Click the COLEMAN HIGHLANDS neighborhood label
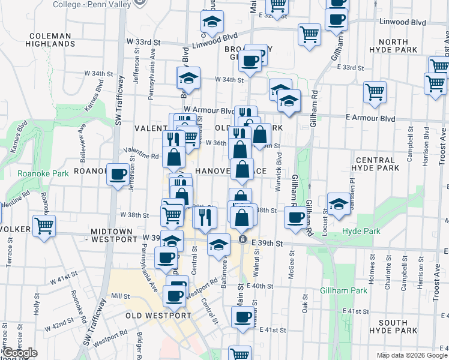tap(50, 40)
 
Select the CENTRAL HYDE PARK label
tap(377, 164)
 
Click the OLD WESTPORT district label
tap(158, 316)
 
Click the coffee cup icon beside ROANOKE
tap(118, 174)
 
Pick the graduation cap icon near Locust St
tap(339, 203)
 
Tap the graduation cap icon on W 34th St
tap(188, 78)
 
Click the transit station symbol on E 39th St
tap(242, 239)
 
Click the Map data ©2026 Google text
tap(411, 355)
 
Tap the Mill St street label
tap(121, 296)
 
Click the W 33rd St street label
tap(148, 43)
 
